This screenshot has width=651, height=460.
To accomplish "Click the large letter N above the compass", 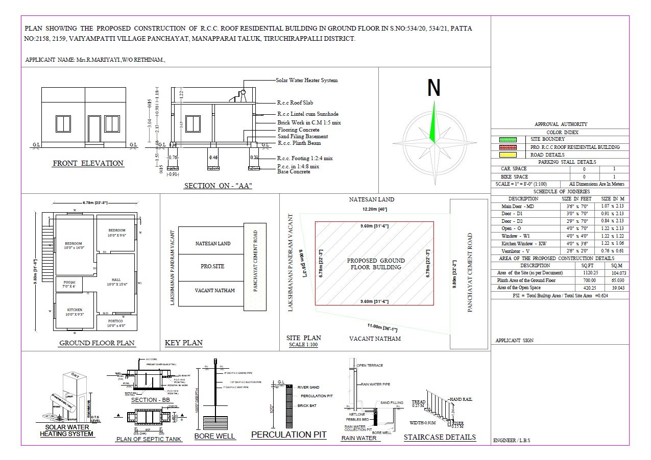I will (433, 88).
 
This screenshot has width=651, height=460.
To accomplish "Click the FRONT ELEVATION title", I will (88, 164).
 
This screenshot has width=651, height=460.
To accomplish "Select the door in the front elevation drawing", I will (94, 129).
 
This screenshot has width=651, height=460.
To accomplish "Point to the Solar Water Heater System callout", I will (306, 80).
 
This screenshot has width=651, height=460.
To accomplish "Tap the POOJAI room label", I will (69, 282).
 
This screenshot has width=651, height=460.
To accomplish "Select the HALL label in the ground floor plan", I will (116, 279).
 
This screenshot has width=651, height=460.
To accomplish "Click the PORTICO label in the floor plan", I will (115, 321).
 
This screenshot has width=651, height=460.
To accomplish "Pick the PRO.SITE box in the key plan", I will (212, 266).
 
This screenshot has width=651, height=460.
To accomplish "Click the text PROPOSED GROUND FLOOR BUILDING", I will (375, 264).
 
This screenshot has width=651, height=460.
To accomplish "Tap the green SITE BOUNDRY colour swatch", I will (508, 139).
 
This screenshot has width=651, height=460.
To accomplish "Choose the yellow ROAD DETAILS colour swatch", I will (508, 155).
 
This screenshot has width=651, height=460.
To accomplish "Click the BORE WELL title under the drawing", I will (214, 436).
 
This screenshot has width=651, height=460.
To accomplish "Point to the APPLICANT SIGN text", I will (515, 340).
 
